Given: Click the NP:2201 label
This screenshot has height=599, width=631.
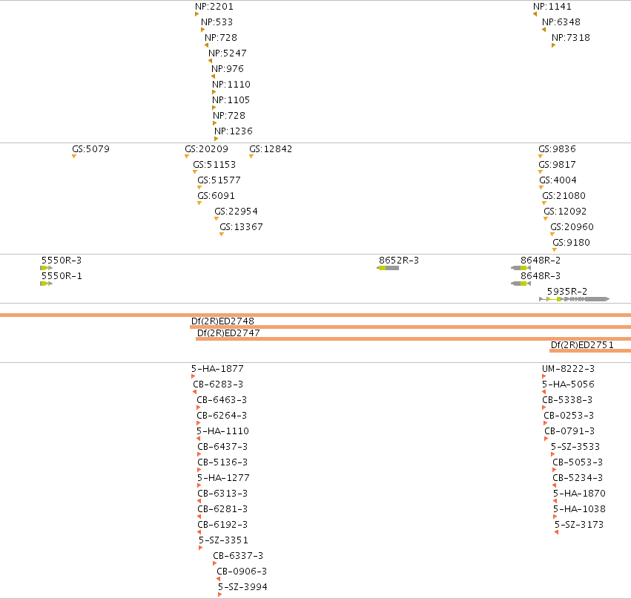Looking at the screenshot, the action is [214, 7].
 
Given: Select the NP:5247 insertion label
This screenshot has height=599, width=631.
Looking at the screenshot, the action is [228, 53].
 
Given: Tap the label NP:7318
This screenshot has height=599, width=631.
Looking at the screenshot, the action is [571, 37].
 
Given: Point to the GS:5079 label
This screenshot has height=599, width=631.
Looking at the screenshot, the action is [90, 149].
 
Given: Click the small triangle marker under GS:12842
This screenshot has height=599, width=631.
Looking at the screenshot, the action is [251, 157].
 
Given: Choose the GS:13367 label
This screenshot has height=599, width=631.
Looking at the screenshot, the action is [241, 227].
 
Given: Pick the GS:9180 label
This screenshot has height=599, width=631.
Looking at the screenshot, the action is [571, 243].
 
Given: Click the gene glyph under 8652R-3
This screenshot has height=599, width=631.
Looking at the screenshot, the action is [388, 268].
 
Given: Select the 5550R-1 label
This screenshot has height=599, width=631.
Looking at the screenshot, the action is [62, 276].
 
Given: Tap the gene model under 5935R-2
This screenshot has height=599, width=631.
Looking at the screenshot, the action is [574, 299].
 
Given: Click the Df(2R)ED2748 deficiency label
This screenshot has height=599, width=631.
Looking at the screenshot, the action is [222, 321].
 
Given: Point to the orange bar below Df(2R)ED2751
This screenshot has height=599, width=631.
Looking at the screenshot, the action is [590, 351].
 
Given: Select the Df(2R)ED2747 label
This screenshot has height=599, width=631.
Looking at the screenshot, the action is [228, 333].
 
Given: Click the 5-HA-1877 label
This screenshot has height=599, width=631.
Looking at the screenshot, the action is [217, 369].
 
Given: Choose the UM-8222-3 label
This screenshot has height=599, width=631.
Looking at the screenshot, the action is [568, 369].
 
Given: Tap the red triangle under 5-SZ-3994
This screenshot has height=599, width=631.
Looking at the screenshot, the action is [219, 595].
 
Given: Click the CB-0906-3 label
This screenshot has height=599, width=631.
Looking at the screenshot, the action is [242, 572].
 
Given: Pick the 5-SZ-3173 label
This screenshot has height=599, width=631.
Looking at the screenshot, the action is [579, 525].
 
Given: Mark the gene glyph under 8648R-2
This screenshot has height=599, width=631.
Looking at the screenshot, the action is [521, 268].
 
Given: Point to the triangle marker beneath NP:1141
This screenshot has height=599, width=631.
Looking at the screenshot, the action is [535, 14].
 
